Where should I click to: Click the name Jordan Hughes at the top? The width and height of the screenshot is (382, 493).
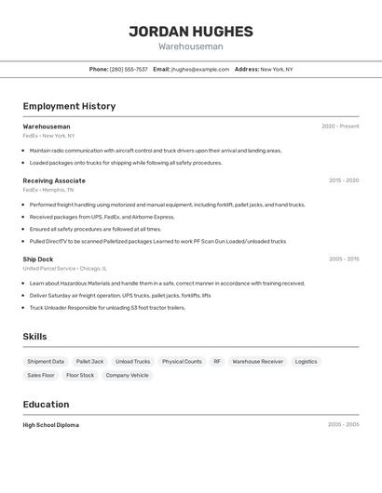coord(190,31)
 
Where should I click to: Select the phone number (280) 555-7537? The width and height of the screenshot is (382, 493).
coord(129,69)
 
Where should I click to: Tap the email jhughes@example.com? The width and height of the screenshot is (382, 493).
coord(199,69)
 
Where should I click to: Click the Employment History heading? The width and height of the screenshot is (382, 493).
coord(69,106)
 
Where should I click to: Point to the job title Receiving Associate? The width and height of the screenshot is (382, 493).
coord(54,180)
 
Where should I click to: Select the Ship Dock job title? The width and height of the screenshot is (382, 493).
coord(38,259)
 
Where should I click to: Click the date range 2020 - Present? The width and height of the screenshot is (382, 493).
coord(340,127)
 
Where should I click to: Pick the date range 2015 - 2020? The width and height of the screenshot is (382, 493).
coord(344,180)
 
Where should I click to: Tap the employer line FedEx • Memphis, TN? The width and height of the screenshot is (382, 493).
coord(48,190)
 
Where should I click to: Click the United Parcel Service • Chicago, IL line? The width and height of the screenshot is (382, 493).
coord(65,268)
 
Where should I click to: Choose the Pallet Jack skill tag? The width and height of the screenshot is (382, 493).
coord(90,361)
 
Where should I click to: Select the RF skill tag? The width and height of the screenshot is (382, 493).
coord(217,361)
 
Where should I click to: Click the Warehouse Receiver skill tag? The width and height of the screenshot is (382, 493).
coord(257,361)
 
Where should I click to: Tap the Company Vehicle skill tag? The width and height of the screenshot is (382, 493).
coord(127,375)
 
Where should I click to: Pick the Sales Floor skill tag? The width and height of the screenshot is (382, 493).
coord(41,375)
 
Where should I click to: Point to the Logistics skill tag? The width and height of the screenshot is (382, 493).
coord(306,361)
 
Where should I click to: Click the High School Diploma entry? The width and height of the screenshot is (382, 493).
coord(51,425)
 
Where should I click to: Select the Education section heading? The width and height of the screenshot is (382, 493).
coord(46,405)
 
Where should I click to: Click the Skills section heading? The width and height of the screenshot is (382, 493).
coord(34,337)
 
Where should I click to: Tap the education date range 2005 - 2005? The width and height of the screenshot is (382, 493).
coord(343,425)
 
